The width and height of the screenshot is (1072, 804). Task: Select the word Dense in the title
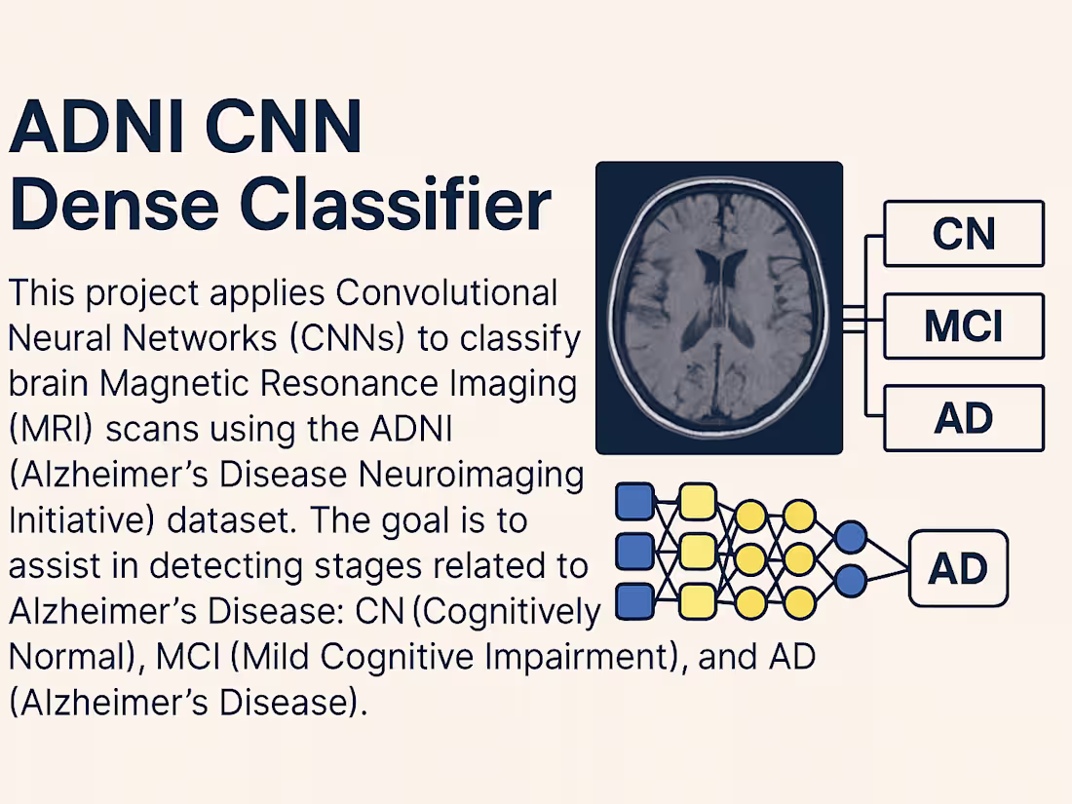click(116, 207)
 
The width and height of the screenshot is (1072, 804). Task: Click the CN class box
click(963, 234)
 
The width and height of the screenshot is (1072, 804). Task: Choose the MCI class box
click(963, 326)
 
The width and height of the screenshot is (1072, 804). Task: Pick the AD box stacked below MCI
click(963, 418)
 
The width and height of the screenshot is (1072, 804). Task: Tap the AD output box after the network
click(958, 569)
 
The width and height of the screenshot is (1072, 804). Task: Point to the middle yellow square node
click(698, 552)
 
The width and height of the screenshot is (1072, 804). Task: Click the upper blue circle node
click(851, 536)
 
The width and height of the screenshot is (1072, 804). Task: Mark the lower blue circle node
click(851, 582)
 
